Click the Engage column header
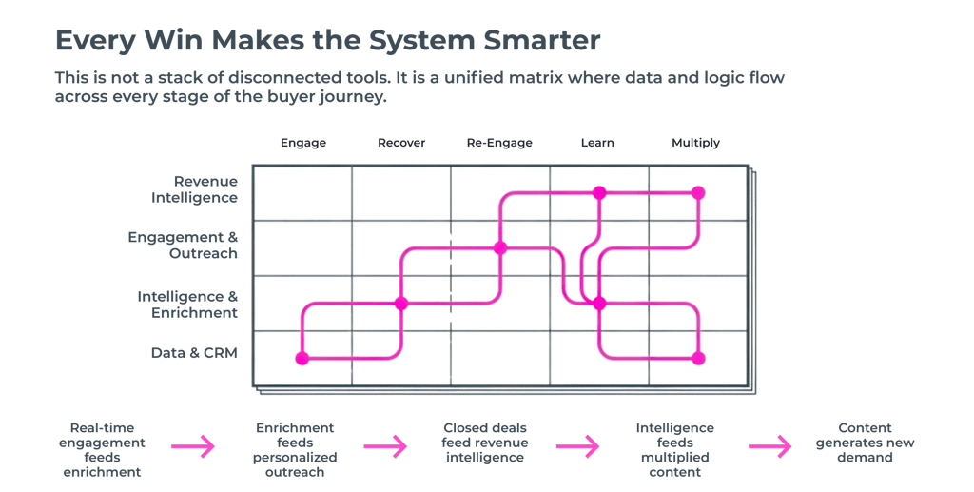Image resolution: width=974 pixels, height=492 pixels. (x=303, y=143)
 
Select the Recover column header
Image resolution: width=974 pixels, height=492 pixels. (x=401, y=143)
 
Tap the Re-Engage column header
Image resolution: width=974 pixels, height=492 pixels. (x=499, y=143)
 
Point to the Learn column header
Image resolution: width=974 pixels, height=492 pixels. (x=597, y=143)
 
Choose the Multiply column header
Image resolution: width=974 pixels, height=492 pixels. (x=695, y=143)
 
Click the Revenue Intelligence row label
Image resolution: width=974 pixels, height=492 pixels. (x=194, y=188)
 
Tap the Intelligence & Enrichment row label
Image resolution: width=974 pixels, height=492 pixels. (x=186, y=304)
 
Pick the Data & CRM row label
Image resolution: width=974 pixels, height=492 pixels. (x=193, y=353)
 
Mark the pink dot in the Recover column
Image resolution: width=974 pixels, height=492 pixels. (x=401, y=304)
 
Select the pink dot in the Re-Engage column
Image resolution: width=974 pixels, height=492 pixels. (x=500, y=248)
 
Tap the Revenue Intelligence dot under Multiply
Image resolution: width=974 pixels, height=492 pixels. (x=698, y=192)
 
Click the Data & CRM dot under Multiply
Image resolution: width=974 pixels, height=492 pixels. (x=698, y=359)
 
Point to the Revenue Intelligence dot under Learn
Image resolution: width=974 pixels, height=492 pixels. (x=599, y=192)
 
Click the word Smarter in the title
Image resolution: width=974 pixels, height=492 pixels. (x=541, y=42)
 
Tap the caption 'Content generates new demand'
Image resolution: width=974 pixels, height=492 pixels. (x=866, y=443)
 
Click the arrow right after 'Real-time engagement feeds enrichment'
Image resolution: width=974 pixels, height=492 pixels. (x=193, y=444)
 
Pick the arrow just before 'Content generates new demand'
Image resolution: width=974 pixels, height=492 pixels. (x=769, y=444)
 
